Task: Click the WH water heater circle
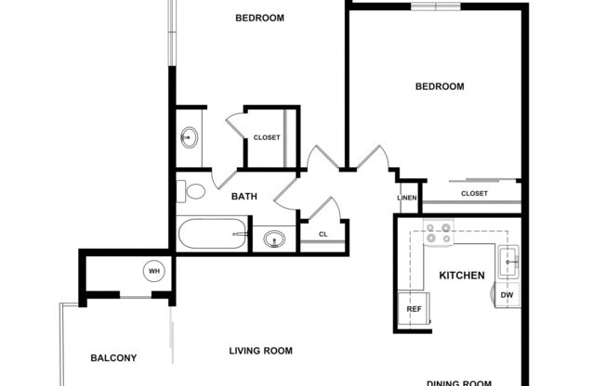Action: (154, 272)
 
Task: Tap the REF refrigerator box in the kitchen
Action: (415, 309)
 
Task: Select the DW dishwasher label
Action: (507, 295)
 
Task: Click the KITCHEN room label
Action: (462, 276)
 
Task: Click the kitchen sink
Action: (510, 263)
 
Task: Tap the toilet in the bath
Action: (192, 191)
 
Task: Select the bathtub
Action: (214, 233)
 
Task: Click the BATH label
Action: (244, 197)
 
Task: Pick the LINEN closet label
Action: (407, 198)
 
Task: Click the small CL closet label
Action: (323, 234)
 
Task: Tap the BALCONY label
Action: (113, 358)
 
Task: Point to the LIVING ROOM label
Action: (261, 351)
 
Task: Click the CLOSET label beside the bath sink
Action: (267, 138)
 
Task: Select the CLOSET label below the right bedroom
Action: (474, 193)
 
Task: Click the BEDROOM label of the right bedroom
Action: (439, 86)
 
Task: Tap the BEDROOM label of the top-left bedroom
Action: (259, 18)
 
